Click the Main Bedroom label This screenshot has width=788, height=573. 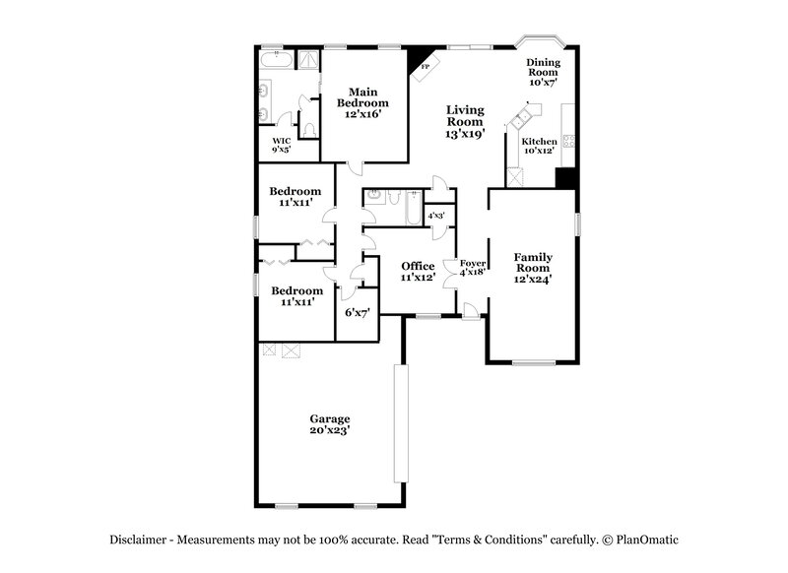[362, 102]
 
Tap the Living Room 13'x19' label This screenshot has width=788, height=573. [465, 122]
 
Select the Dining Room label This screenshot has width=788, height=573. [544, 72]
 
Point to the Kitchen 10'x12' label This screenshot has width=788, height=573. [539, 145]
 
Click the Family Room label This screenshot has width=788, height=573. [533, 268]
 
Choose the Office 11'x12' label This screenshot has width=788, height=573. [418, 272]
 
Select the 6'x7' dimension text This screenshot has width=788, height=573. [356, 312]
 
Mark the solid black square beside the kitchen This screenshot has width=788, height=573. [565, 177]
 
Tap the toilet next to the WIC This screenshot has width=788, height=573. [308, 128]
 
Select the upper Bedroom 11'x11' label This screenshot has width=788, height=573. [295, 196]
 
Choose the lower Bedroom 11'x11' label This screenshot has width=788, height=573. [296, 296]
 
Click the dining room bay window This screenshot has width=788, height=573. [540, 44]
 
